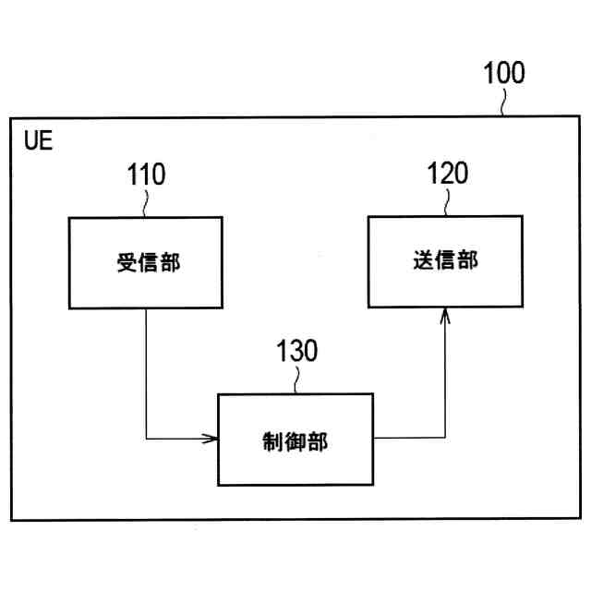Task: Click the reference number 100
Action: tap(504, 74)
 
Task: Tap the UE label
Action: tap(40, 142)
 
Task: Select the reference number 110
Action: tap(148, 175)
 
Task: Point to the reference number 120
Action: tap(447, 174)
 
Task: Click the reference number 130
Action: tap(296, 352)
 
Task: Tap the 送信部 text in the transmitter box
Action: tap(445, 260)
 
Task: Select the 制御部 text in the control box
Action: tap(295, 440)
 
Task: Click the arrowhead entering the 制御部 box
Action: tap(211, 438)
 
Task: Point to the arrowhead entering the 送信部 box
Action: tap(445, 316)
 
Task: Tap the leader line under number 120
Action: tap(448, 202)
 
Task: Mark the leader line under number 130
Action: tap(296, 380)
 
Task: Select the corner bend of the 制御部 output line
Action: tap(445, 438)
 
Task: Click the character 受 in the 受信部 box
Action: tap(125, 262)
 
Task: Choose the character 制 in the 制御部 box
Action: tap(273, 440)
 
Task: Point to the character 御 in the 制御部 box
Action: tap(295, 440)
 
